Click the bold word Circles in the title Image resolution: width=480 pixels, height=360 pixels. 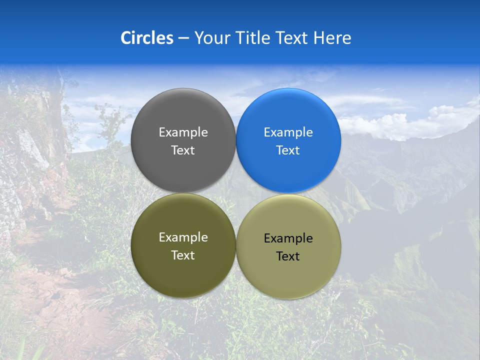click(147, 38)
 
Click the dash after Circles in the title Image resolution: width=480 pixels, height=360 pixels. click(183, 38)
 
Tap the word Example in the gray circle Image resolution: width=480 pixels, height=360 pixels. click(183, 132)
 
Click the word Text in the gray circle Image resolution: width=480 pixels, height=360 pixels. click(183, 150)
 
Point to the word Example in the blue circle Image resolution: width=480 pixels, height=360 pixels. click(288, 132)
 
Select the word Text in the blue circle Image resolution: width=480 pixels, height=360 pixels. click(288, 150)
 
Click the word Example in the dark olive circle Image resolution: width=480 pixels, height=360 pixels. click(183, 237)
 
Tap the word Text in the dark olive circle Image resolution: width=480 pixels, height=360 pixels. click(183, 255)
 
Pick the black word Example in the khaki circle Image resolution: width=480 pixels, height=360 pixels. click(288, 238)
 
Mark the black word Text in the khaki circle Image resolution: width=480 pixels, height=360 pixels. click(288, 256)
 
